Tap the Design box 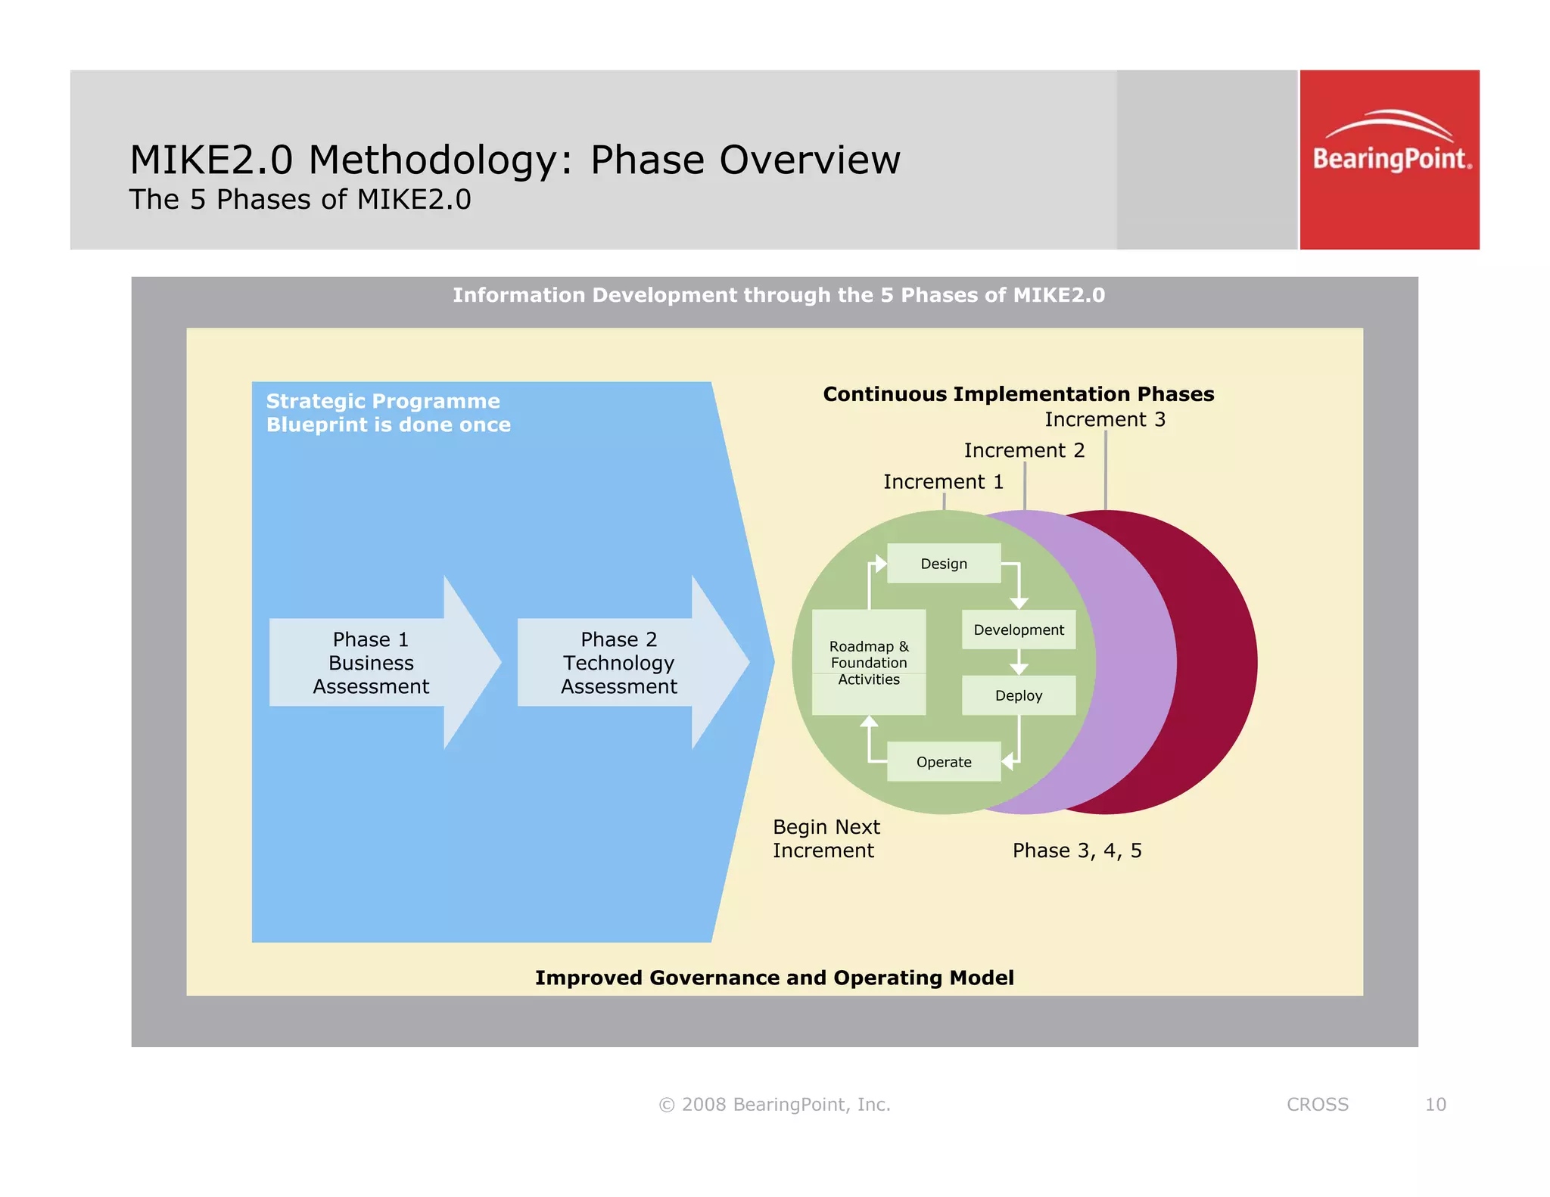pyautogui.click(x=944, y=564)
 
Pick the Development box pyautogui.click(x=1019, y=630)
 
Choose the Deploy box pyautogui.click(x=1019, y=695)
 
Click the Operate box pyautogui.click(x=944, y=762)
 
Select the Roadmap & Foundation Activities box pyautogui.click(x=869, y=663)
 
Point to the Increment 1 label pyautogui.click(x=944, y=482)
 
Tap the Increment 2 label pyautogui.click(x=1024, y=451)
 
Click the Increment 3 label pyautogui.click(x=1105, y=420)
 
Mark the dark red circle pyautogui.click(x=1211, y=663)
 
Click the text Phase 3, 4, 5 pyautogui.click(x=1077, y=850)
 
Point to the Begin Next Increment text pyautogui.click(x=826, y=838)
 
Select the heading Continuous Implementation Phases pyautogui.click(x=1019, y=394)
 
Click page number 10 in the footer pyautogui.click(x=1435, y=1105)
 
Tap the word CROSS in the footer pyautogui.click(x=1318, y=1105)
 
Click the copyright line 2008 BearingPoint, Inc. pyautogui.click(x=775, y=1105)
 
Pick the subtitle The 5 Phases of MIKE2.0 pyautogui.click(x=300, y=200)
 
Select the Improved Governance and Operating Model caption pyautogui.click(x=774, y=978)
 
